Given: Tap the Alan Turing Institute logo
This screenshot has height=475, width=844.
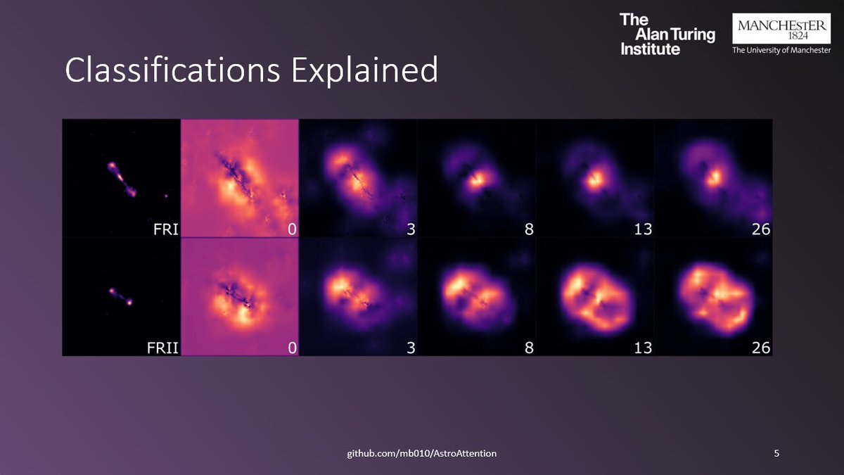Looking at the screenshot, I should coord(667,33).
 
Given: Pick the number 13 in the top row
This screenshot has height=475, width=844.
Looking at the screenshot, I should coord(642,229).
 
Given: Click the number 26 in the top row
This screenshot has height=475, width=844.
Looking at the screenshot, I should coord(760,229).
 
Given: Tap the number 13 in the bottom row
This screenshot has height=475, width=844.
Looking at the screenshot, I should coord(642,347).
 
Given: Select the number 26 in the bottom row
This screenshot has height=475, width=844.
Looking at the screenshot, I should coord(760,347).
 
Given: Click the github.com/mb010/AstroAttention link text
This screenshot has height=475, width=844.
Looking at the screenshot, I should coord(422,453).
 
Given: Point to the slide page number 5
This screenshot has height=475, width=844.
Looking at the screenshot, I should coord(776,453).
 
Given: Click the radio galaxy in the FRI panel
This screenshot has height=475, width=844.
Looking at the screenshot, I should coord(122,179).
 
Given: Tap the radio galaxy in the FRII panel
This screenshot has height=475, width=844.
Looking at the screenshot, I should coord(120,296).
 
